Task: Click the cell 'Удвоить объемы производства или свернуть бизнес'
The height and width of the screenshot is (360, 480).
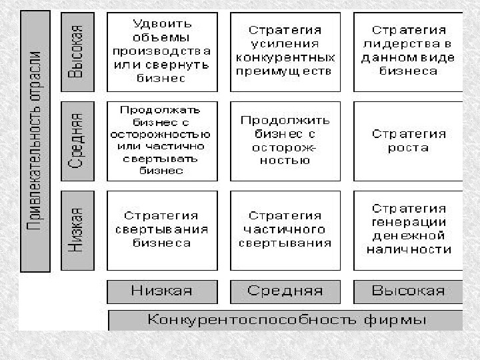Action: click(162, 51)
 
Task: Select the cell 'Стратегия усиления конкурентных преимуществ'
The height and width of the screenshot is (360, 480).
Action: click(285, 51)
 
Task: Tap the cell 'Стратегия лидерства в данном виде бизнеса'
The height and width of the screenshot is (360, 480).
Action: click(408, 51)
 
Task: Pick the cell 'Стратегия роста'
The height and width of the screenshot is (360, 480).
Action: click(408, 141)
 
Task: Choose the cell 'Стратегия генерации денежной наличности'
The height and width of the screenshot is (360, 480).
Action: click(408, 230)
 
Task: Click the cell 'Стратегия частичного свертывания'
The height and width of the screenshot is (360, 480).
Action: click(285, 230)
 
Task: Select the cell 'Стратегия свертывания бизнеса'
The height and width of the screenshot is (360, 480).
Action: click(162, 230)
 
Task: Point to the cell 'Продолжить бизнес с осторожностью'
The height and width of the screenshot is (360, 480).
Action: click(285, 141)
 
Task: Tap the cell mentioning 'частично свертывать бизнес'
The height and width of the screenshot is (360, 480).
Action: click(162, 141)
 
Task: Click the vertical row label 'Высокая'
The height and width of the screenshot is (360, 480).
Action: click(77, 51)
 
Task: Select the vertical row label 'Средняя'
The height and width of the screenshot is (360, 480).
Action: click(77, 141)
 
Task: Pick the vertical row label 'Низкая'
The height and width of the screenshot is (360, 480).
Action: click(77, 230)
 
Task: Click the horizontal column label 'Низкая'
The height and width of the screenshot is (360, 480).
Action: click(162, 291)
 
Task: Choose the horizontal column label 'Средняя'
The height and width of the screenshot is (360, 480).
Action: click(285, 291)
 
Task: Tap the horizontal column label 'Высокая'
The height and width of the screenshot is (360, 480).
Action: click(408, 291)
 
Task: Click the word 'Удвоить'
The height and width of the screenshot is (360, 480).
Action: click(162, 23)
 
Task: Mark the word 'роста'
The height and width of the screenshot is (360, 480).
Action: click(408, 148)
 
